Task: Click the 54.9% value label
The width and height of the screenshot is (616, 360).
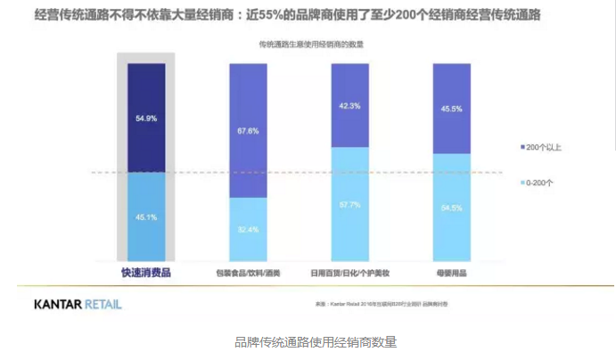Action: (x=146, y=119)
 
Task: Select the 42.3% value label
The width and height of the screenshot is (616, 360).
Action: (x=350, y=106)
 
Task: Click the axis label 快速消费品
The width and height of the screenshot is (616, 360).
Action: (x=146, y=273)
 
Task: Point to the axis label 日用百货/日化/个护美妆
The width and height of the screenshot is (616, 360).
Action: (x=350, y=274)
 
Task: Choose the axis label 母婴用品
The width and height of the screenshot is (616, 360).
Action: (x=452, y=274)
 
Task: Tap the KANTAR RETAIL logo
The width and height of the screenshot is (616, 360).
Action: (x=78, y=305)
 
